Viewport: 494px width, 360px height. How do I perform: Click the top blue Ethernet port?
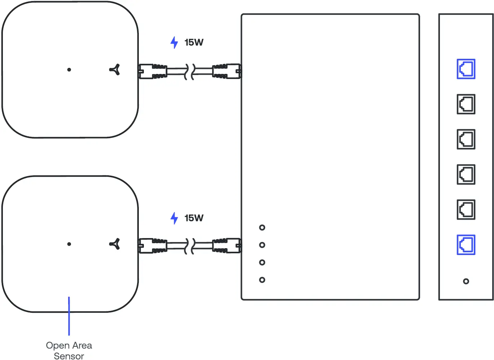click(x=466, y=69)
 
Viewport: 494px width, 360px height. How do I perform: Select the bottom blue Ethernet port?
click(x=466, y=245)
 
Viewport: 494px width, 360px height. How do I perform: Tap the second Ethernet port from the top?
click(x=466, y=104)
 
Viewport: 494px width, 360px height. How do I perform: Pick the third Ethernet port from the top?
click(x=466, y=139)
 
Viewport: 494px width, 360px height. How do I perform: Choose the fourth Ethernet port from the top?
click(x=466, y=174)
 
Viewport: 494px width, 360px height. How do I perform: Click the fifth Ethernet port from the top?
click(x=466, y=210)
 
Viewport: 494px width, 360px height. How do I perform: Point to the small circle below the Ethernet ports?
click(x=466, y=281)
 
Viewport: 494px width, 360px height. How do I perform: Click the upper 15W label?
click(x=194, y=43)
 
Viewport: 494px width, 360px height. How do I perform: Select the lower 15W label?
click(x=194, y=218)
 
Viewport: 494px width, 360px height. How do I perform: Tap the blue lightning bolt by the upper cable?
click(x=174, y=43)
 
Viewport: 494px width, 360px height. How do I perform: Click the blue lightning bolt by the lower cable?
click(x=174, y=218)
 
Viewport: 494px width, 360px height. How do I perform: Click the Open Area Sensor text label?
click(x=69, y=350)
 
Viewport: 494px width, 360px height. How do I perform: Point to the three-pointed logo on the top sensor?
click(x=115, y=70)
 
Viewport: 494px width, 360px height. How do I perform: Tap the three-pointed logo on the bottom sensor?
click(x=115, y=244)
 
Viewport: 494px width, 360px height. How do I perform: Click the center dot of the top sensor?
click(x=69, y=70)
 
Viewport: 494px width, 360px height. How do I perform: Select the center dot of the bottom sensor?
click(x=69, y=244)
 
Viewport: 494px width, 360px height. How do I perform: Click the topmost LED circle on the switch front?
click(x=262, y=228)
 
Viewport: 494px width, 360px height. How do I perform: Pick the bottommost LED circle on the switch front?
click(x=262, y=280)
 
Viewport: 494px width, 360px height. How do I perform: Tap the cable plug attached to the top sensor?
click(x=153, y=71)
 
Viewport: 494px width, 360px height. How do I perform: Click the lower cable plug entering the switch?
click(x=226, y=246)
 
